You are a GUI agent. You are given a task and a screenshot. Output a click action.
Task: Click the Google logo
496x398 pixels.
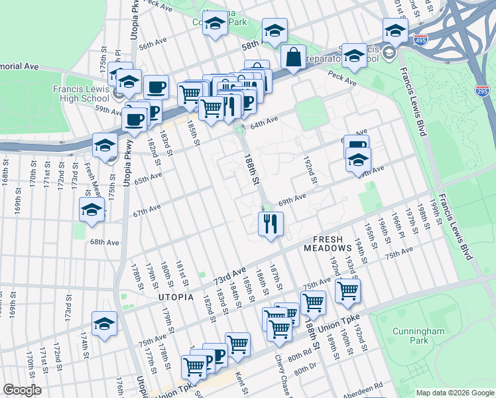[23, 390]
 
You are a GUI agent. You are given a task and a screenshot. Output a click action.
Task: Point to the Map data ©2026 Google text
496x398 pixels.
[454, 393]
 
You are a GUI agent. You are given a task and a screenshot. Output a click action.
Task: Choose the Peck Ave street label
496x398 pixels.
[342, 82]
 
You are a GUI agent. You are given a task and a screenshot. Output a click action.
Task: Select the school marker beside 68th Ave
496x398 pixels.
[92, 210]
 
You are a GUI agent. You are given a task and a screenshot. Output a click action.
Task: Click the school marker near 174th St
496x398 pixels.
[105, 324]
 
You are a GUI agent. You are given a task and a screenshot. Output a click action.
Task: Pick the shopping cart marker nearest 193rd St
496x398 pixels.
[348, 290]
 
